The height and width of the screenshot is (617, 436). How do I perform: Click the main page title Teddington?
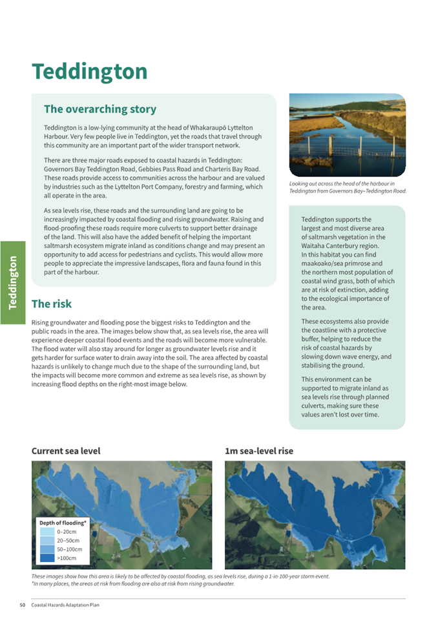(89, 71)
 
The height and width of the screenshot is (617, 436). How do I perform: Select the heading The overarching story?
(99, 109)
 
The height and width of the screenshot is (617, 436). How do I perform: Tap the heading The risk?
(52, 304)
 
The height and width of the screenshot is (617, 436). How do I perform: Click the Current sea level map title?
(66, 451)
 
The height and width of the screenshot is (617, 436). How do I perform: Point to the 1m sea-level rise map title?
(258, 451)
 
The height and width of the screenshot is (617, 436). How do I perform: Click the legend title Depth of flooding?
(63, 522)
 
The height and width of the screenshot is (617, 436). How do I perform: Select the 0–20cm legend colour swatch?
(47, 531)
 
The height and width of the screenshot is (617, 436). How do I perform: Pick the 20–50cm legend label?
(68, 540)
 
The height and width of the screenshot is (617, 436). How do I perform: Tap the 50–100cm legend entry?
(70, 549)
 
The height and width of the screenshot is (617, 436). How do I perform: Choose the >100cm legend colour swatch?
(47, 558)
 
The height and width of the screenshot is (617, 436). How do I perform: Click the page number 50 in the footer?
(22, 605)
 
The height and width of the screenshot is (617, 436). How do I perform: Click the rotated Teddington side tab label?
(13, 282)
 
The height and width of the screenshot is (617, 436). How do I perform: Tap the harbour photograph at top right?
(347, 135)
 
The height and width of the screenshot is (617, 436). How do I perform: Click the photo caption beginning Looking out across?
(348, 187)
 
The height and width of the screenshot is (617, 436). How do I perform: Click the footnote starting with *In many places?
(133, 583)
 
